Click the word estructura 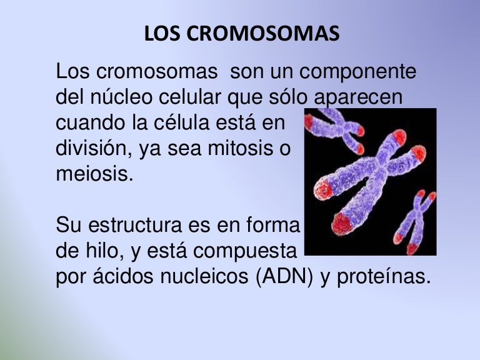click(137, 224)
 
